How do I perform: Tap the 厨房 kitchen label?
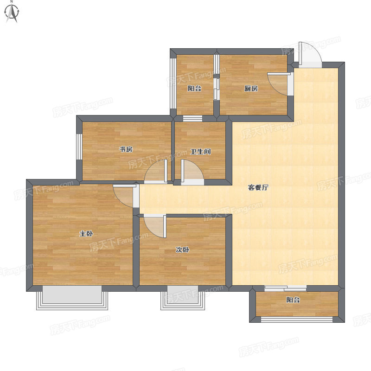point(251,89)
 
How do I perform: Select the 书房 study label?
point(126,149)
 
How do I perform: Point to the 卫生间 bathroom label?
point(201,152)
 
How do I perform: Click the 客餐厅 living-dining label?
point(258,187)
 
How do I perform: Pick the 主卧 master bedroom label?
point(86,234)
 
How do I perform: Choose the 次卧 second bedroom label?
point(182,249)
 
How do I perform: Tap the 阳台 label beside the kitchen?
point(194,89)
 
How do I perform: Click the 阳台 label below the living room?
point(293,300)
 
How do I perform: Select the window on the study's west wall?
point(79,147)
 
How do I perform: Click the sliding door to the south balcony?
point(285,288)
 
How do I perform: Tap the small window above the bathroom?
point(192,118)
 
